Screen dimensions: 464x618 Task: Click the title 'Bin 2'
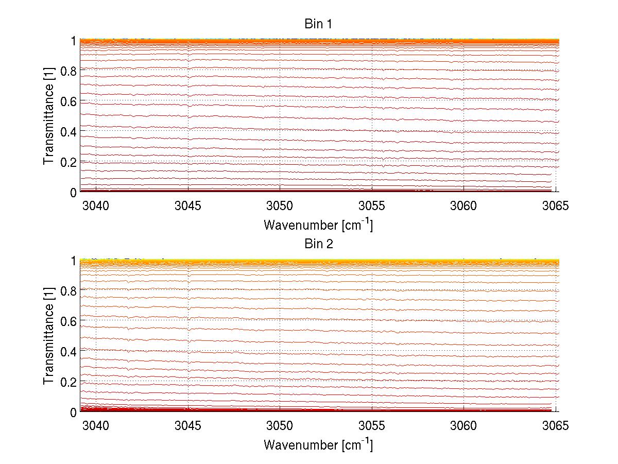click(x=319, y=244)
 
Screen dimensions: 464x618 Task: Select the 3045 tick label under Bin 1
click(x=188, y=206)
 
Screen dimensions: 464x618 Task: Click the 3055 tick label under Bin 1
click(x=372, y=206)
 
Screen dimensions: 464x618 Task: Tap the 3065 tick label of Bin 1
click(x=556, y=206)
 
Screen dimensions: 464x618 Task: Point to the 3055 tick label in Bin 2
click(x=372, y=426)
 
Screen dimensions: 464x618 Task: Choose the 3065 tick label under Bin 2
click(x=556, y=426)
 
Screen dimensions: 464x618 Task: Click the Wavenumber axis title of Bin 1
click(x=318, y=225)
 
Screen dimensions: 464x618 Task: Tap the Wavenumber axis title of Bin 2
click(x=318, y=444)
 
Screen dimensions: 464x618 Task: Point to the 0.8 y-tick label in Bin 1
click(x=68, y=71)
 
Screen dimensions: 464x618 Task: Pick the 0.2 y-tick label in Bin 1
click(x=68, y=162)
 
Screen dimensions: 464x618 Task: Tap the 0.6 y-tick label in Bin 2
click(x=68, y=321)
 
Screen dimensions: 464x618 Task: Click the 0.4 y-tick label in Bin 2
click(x=68, y=351)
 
